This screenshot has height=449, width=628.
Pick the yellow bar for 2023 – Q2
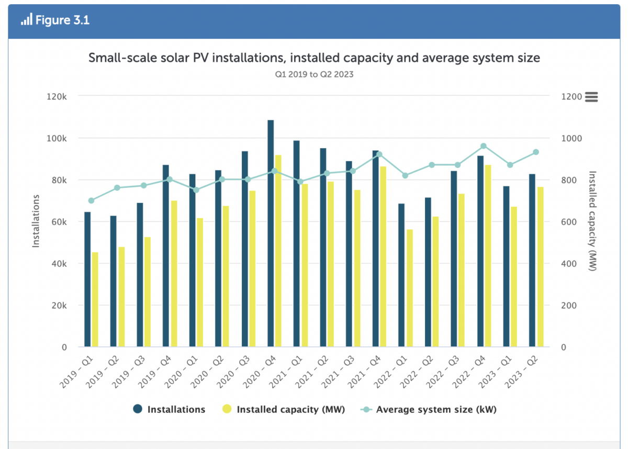[x=541, y=267]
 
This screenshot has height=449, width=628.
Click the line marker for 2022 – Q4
[x=484, y=146]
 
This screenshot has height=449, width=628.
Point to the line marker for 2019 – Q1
[x=91, y=200]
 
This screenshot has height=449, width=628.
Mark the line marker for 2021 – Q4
[x=379, y=154]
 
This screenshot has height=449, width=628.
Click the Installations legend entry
[x=169, y=409]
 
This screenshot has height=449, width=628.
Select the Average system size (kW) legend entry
[x=428, y=409]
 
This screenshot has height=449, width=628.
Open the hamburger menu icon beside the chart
[x=591, y=97]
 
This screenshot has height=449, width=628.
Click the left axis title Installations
[x=36, y=221]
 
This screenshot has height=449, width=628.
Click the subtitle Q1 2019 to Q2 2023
[x=314, y=74]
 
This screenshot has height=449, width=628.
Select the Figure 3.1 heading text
[x=62, y=21]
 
